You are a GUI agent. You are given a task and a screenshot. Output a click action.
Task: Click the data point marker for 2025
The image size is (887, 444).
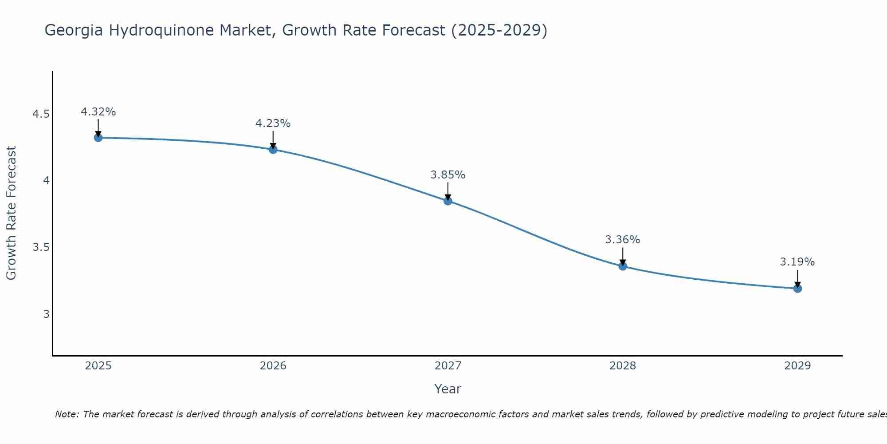tap(98, 138)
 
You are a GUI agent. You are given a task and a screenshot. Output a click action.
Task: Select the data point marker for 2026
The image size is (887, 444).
tap(273, 150)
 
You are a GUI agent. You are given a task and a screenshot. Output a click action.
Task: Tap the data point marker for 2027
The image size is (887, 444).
tap(448, 201)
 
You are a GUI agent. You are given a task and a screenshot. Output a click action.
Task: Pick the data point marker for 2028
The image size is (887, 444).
tap(623, 266)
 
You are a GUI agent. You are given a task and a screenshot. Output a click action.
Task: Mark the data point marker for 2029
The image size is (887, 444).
tap(797, 289)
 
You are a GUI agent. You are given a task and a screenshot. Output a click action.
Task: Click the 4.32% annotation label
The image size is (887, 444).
tap(98, 112)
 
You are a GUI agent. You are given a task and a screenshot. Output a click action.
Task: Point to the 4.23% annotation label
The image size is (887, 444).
tap(273, 123)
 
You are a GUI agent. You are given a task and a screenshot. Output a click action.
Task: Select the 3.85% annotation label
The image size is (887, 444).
tap(448, 175)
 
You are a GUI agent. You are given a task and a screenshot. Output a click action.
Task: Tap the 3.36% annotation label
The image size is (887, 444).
tap(623, 240)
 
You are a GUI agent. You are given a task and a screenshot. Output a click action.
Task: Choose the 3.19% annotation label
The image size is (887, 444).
tap(797, 262)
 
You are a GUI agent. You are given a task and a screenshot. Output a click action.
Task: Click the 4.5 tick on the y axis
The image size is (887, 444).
tap(41, 114)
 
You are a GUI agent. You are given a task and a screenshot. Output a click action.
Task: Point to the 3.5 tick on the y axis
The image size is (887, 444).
tap(41, 247)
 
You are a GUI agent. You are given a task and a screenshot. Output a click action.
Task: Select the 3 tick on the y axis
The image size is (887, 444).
tap(46, 314)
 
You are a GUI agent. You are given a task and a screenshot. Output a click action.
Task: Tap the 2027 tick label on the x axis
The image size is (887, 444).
tap(448, 366)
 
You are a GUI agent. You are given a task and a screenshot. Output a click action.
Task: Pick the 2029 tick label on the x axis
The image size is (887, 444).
tap(797, 366)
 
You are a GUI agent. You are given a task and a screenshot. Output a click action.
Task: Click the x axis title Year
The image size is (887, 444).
tap(448, 389)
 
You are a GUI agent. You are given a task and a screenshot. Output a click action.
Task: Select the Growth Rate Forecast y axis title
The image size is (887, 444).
tap(12, 213)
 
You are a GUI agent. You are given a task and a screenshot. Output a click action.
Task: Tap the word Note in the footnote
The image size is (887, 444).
tap(66, 414)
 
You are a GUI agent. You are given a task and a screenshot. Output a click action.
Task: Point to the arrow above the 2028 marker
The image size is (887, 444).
tap(623, 256)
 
